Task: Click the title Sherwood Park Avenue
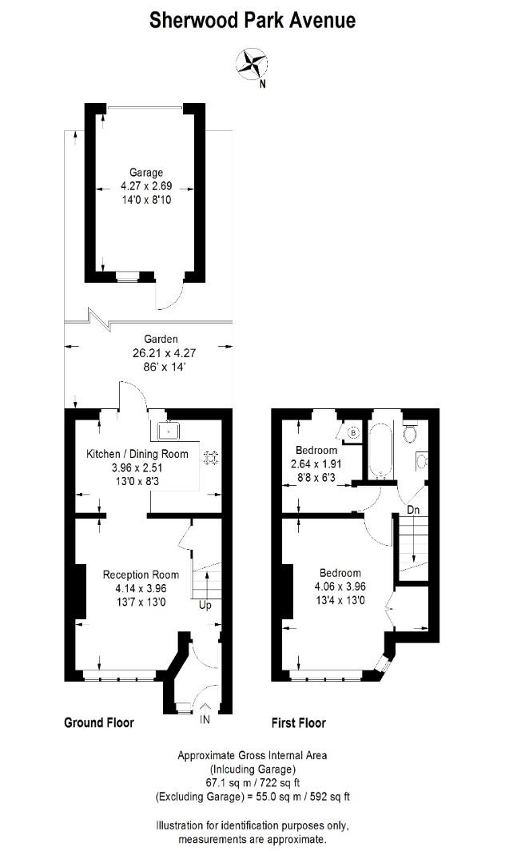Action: (x=253, y=20)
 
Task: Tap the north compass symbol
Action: (x=253, y=64)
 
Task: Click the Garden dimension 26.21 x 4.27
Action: (x=149, y=352)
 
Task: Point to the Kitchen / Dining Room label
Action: (x=137, y=454)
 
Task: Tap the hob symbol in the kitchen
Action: (x=212, y=458)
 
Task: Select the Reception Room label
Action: (x=141, y=575)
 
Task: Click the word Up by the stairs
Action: (x=205, y=606)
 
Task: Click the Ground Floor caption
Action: (x=98, y=723)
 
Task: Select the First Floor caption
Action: (x=299, y=723)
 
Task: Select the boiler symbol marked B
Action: (x=352, y=432)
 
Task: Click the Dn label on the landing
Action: (x=413, y=509)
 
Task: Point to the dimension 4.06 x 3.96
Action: (x=341, y=587)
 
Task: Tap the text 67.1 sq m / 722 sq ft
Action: (x=252, y=782)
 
